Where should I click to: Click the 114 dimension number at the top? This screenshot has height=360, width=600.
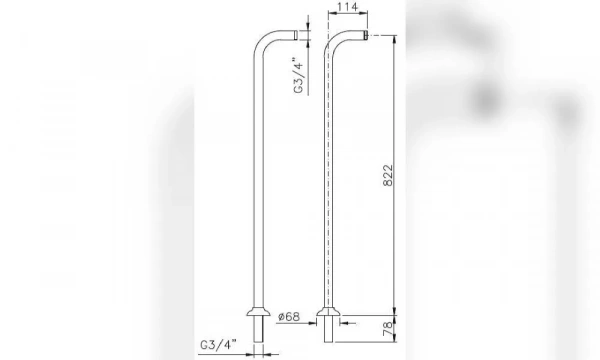coord(346,9)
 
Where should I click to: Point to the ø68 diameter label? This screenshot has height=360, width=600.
coord(289,317)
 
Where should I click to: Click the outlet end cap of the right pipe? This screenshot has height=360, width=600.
coord(367,36)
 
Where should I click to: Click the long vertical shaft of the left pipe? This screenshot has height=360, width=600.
coord(258,180)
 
